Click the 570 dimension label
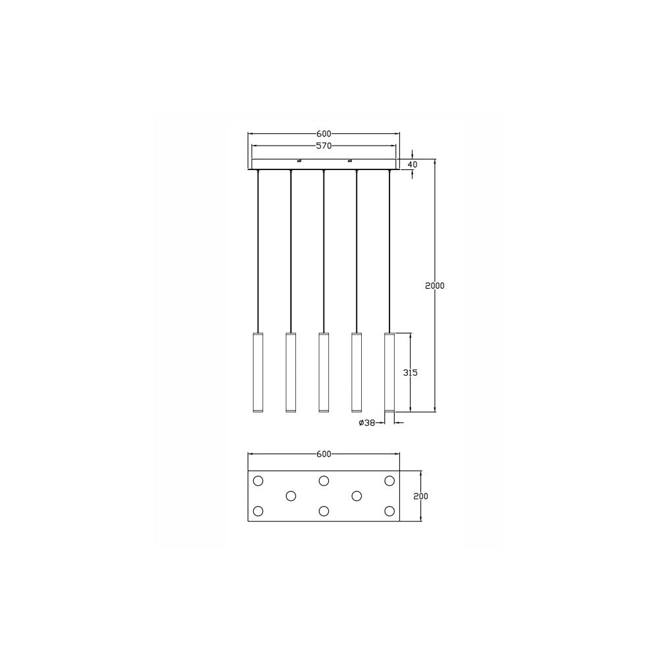click(x=323, y=146)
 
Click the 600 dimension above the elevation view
click(x=323, y=134)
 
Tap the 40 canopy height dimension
click(x=413, y=164)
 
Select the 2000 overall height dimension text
click(x=434, y=285)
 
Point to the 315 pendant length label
click(x=410, y=372)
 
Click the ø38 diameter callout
click(x=367, y=423)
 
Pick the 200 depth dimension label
click(x=420, y=496)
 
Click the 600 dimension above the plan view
click(x=323, y=454)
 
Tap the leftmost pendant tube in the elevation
click(x=258, y=372)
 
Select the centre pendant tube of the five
click(x=323, y=372)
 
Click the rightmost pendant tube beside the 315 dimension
click(x=389, y=372)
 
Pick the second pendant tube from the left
click(x=291, y=372)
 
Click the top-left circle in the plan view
click(x=258, y=480)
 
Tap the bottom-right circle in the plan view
click(x=389, y=511)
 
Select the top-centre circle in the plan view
click(x=324, y=480)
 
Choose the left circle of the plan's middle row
click(x=291, y=496)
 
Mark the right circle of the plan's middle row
click(x=357, y=496)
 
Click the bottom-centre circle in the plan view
click(x=324, y=511)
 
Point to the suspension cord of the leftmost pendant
click(x=258, y=250)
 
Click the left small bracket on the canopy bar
click(x=299, y=160)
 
